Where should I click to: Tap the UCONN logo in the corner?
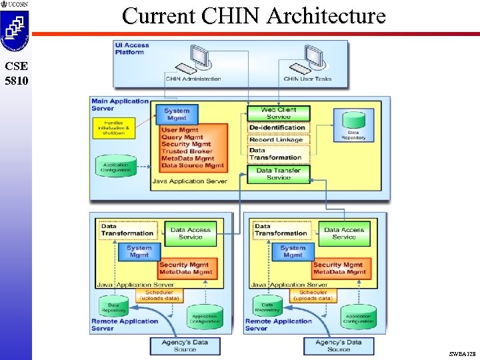tap(15, 5)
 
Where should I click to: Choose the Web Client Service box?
tap(278, 113)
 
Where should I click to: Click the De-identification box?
tap(277, 127)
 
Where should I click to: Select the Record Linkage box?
tap(276, 140)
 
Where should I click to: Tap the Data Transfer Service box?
tap(278, 174)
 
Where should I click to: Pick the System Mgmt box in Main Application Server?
tap(177, 115)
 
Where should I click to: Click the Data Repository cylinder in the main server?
tap(353, 124)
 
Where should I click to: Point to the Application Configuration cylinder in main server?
tap(116, 167)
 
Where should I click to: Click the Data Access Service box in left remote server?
tap(190, 233)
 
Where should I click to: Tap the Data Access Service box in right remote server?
tap(344, 233)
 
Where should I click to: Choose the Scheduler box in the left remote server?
tap(159, 294)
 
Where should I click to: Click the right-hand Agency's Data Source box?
tap(339, 345)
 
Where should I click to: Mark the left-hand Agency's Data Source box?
tap(185, 345)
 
